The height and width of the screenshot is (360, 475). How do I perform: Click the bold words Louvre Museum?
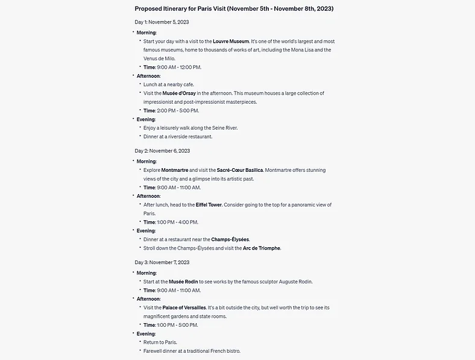pyautogui.click(x=231, y=41)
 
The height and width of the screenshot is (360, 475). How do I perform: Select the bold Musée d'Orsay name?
pyautogui.click(x=179, y=93)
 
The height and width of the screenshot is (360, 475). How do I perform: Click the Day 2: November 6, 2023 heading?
pyautogui.click(x=162, y=151)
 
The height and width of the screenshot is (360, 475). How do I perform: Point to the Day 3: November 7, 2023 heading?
pyautogui.click(x=162, y=262)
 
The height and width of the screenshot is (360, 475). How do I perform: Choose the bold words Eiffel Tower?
pyautogui.click(x=209, y=205)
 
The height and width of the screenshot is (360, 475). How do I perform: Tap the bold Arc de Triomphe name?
pyautogui.click(x=262, y=248)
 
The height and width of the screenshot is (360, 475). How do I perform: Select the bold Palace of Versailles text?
pyautogui.click(x=184, y=308)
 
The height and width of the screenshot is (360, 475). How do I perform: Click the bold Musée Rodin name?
pyautogui.click(x=183, y=282)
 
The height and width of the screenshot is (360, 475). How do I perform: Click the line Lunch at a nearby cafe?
pyautogui.click(x=169, y=84)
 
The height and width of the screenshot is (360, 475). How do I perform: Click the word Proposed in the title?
pyautogui.click(x=148, y=9)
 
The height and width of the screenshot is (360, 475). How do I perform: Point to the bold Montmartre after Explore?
pyautogui.click(x=175, y=171)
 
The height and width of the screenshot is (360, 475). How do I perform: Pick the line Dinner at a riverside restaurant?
pyautogui.click(x=178, y=136)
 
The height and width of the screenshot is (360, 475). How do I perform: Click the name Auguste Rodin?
pyautogui.click(x=295, y=282)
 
